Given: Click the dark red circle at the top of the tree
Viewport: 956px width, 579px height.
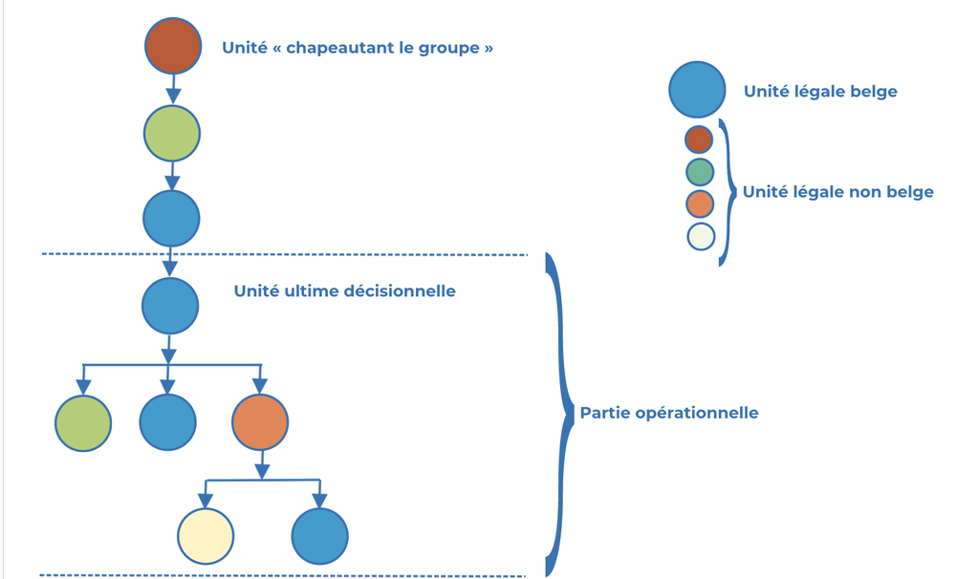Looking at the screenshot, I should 173,45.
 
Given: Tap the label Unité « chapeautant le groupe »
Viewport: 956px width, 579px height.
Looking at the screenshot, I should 358,47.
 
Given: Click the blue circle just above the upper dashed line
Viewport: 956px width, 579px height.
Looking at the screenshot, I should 171,218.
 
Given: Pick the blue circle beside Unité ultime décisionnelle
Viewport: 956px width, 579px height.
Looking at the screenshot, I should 170,306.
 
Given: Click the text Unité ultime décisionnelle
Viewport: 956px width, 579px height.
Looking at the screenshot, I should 344,290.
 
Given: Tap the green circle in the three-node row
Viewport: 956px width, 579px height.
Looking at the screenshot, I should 83,421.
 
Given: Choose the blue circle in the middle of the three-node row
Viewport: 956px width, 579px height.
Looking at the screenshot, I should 168,421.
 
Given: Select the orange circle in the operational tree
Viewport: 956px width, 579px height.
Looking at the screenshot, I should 260,421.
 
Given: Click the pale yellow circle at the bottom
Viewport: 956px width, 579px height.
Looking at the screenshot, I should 206,535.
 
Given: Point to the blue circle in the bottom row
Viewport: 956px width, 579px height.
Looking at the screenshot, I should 319,535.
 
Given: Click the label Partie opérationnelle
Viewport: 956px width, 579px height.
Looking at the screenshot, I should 669,413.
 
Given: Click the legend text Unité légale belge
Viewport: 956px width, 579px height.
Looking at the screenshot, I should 820,92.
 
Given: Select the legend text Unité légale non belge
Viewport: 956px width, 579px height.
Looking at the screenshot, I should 837,192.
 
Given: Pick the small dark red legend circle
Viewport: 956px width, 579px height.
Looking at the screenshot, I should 700,139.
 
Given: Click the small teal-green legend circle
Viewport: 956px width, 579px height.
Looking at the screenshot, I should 700,172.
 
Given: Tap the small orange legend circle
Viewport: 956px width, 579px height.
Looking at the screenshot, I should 700,204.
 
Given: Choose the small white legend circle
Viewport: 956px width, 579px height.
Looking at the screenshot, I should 700,236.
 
